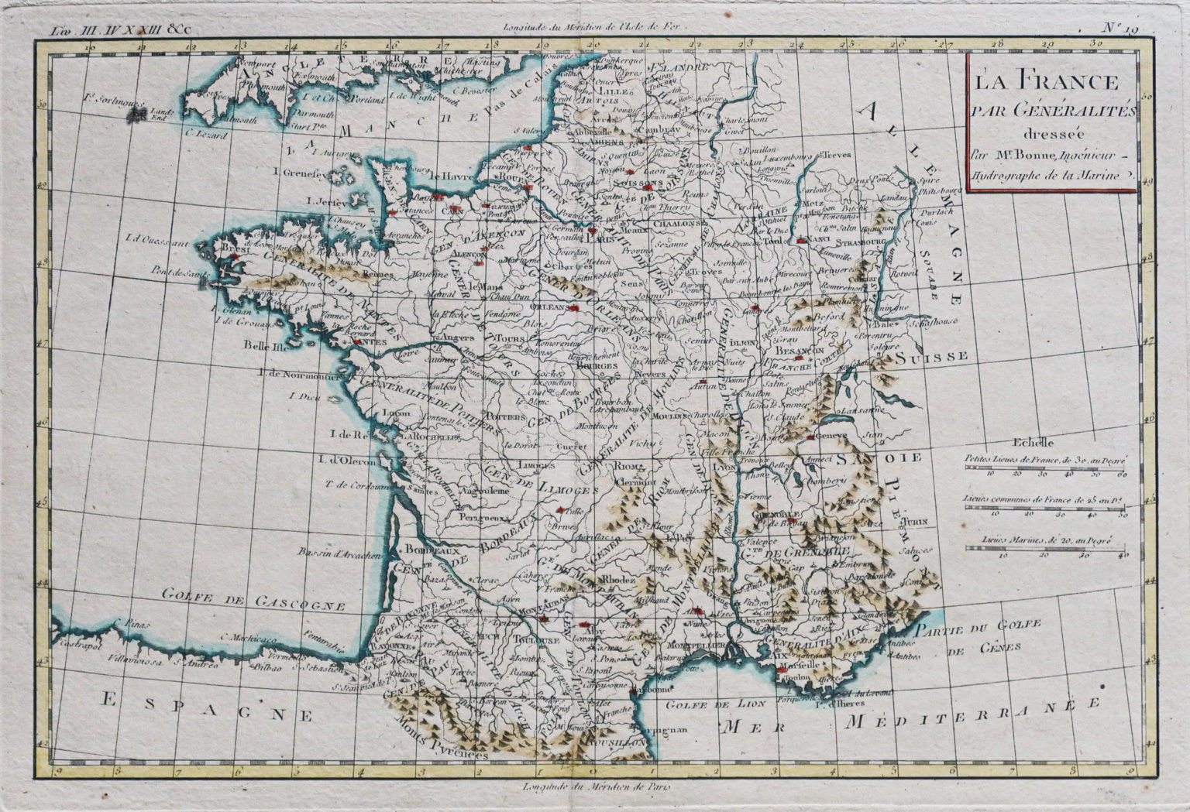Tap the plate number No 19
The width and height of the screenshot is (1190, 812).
pos(1120,29)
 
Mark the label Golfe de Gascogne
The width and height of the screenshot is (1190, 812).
pos(253,598)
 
